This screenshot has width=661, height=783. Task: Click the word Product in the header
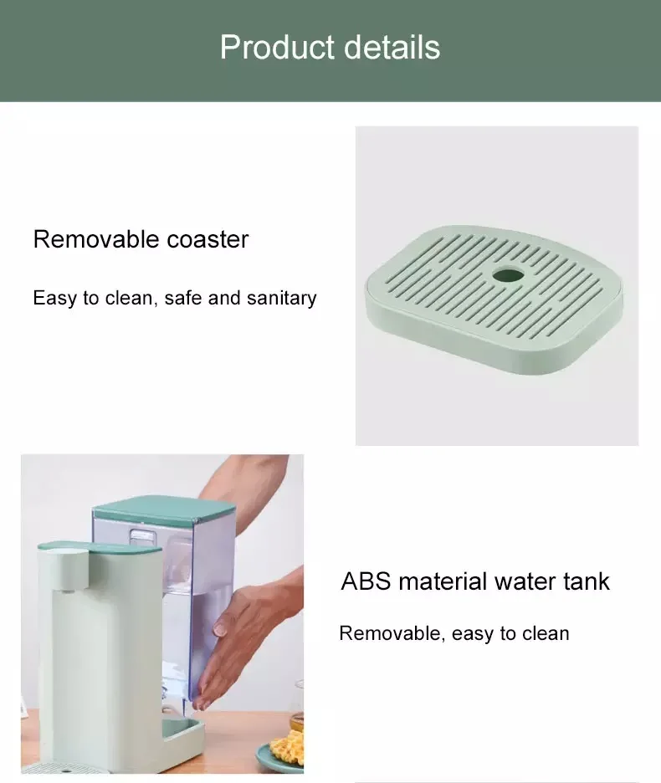pyautogui.click(x=273, y=48)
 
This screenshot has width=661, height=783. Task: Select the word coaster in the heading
pyautogui.click(x=208, y=239)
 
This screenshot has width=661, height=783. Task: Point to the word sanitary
pyautogui.click(x=282, y=298)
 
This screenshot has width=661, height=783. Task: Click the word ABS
pyautogui.click(x=366, y=581)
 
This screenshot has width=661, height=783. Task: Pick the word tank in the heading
pyautogui.click(x=585, y=581)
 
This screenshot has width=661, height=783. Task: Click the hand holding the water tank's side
pyautogui.click(x=243, y=636)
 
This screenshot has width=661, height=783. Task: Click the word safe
pyautogui.click(x=183, y=298)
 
